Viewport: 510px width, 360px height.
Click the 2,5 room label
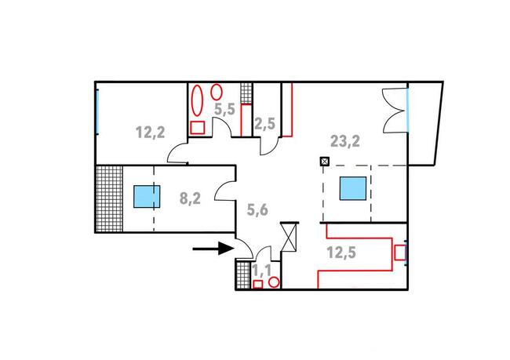pos(264,122)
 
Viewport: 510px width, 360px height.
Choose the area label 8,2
pos(190,198)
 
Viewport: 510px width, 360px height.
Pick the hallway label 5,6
pos(258,209)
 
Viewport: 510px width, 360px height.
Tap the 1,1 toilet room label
pos(262,270)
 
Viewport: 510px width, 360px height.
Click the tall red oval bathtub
pos(197,100)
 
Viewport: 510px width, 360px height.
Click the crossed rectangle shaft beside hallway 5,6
pos(289,236)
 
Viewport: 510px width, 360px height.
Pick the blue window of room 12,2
pos(97,112)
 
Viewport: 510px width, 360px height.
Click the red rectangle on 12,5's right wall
pos(399,253)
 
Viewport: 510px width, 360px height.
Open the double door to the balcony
pos(392,111)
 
